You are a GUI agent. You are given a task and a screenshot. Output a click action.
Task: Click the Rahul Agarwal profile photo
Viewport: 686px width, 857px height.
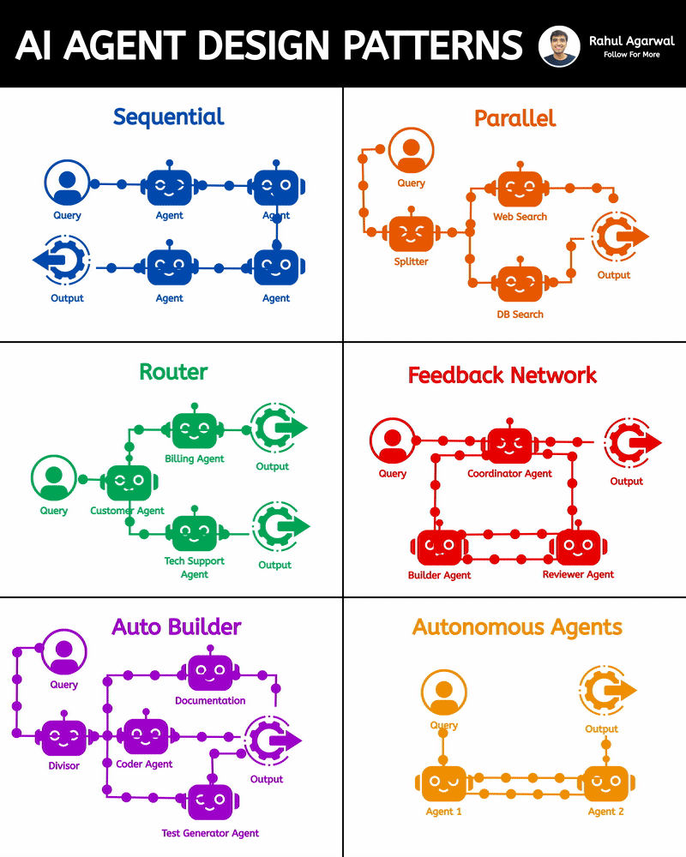[560, 45]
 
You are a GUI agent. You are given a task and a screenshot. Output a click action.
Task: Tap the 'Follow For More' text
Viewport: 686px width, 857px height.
[631, 55]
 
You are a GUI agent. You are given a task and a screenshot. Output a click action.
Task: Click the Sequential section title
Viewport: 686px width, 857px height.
[168, 117]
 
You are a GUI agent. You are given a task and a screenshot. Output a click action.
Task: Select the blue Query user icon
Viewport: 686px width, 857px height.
[67, 183]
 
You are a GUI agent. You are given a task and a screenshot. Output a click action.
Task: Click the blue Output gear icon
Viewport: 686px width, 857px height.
[63, 259]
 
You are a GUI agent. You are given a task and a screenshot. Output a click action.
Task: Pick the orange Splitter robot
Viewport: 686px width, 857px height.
[412, 233]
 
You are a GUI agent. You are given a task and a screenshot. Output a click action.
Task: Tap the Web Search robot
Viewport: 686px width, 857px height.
[520, 189]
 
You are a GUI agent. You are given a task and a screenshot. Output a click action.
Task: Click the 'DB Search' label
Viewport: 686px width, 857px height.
[520, 315]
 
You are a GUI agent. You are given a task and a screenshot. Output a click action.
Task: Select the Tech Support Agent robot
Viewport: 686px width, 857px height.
[195, 532]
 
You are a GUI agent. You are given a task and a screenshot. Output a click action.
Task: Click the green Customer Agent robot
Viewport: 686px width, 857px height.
[128, 482]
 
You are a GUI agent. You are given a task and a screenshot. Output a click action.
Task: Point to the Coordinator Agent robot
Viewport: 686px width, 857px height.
[509, 444]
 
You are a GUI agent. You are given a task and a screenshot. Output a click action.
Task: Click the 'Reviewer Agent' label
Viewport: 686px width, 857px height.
[578, 574]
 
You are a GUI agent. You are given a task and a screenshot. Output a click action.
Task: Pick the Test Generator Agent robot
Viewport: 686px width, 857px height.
[210, 801]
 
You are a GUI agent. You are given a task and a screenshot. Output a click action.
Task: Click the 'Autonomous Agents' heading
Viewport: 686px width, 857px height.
[517, 627]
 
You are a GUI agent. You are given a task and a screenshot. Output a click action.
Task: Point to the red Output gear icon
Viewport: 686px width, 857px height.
[629, 441]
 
